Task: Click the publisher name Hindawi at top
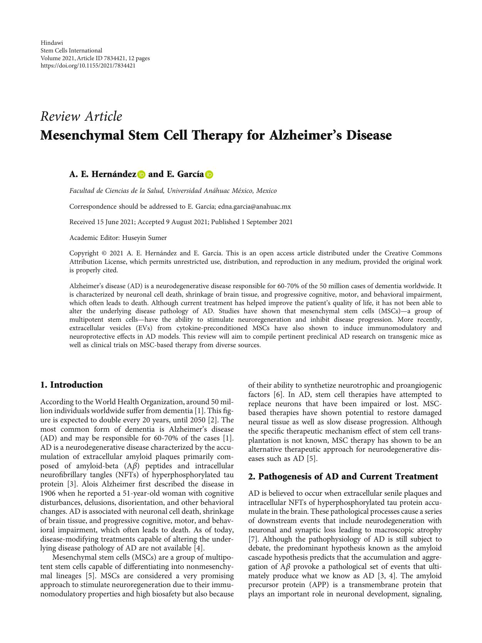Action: point(52,43)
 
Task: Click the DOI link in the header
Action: point(88,66)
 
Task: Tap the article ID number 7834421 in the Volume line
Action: point(120,58)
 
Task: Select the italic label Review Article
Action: point(81,116)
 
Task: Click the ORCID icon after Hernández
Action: point(141,175)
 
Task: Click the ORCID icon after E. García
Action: point(209,175)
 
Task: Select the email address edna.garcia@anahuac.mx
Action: point(254,206)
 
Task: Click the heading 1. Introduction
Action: point(72,385)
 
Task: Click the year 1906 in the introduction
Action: point(48,493)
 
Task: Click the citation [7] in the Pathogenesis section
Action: point(253,539)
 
